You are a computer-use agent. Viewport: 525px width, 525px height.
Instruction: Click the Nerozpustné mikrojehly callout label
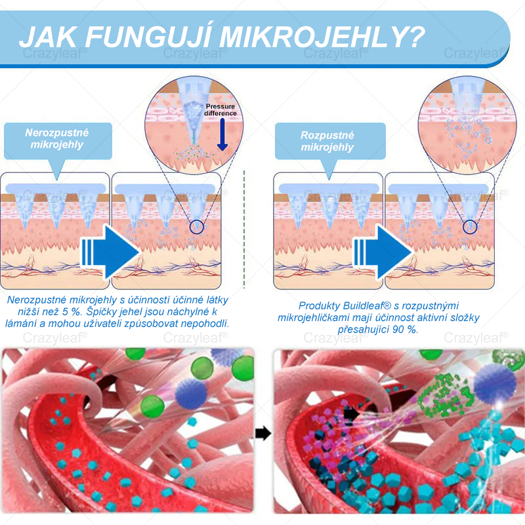point(57,138)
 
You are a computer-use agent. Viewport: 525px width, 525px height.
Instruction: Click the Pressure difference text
point(220,110)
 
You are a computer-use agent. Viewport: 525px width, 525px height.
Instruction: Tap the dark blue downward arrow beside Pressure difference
point(222,135)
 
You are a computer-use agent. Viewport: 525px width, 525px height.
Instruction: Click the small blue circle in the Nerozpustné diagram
point(197,227)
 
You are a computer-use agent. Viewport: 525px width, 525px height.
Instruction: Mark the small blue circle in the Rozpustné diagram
point(469,227)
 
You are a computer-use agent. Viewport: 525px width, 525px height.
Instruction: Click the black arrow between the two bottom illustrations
point(263,433)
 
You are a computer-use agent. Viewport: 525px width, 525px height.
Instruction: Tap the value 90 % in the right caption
point(406,329)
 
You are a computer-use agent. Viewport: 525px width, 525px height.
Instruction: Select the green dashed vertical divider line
point(243,230)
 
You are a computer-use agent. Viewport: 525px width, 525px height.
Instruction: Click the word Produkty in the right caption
point(319,306)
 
